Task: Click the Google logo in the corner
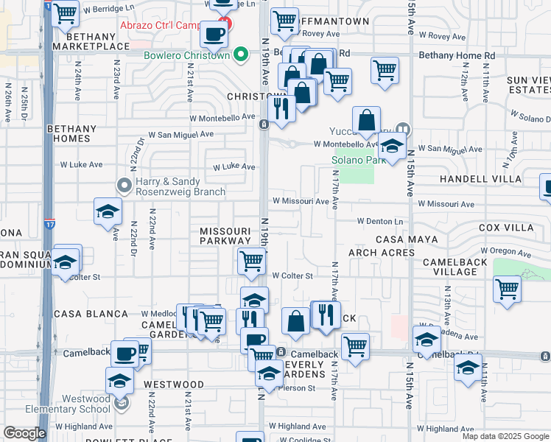(24, 433)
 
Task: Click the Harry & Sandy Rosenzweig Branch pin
(124, 185)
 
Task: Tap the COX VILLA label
(505, 228)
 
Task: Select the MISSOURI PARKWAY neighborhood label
(225, 236)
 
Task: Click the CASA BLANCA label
(96, 314)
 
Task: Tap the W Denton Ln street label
(381, 221)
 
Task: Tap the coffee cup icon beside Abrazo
(214, 33)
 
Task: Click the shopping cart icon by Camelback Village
(507, 288)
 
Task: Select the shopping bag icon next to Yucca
(366, 120)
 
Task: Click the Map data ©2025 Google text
(505, 436)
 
